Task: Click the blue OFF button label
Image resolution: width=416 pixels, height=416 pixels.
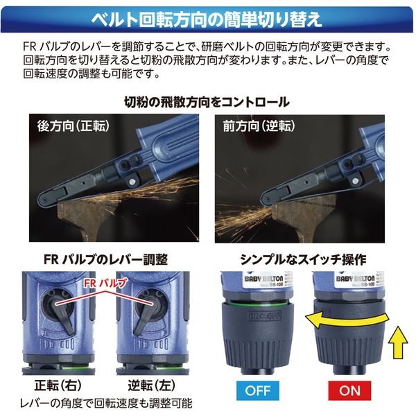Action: (257, 390)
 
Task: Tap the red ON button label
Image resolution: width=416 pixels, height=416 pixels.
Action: (349, 390)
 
